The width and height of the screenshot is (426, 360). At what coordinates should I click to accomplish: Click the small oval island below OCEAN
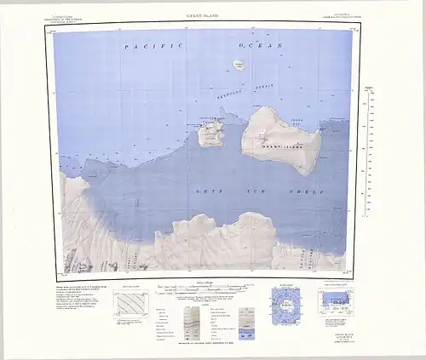(238, 64)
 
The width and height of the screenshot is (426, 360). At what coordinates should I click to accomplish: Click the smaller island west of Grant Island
(210, 134)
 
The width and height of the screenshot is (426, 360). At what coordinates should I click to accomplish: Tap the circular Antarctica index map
(285, 302)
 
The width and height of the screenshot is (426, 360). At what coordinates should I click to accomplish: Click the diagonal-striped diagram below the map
(131, 304)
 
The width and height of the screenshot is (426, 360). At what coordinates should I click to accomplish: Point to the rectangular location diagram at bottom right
(340, 302)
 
